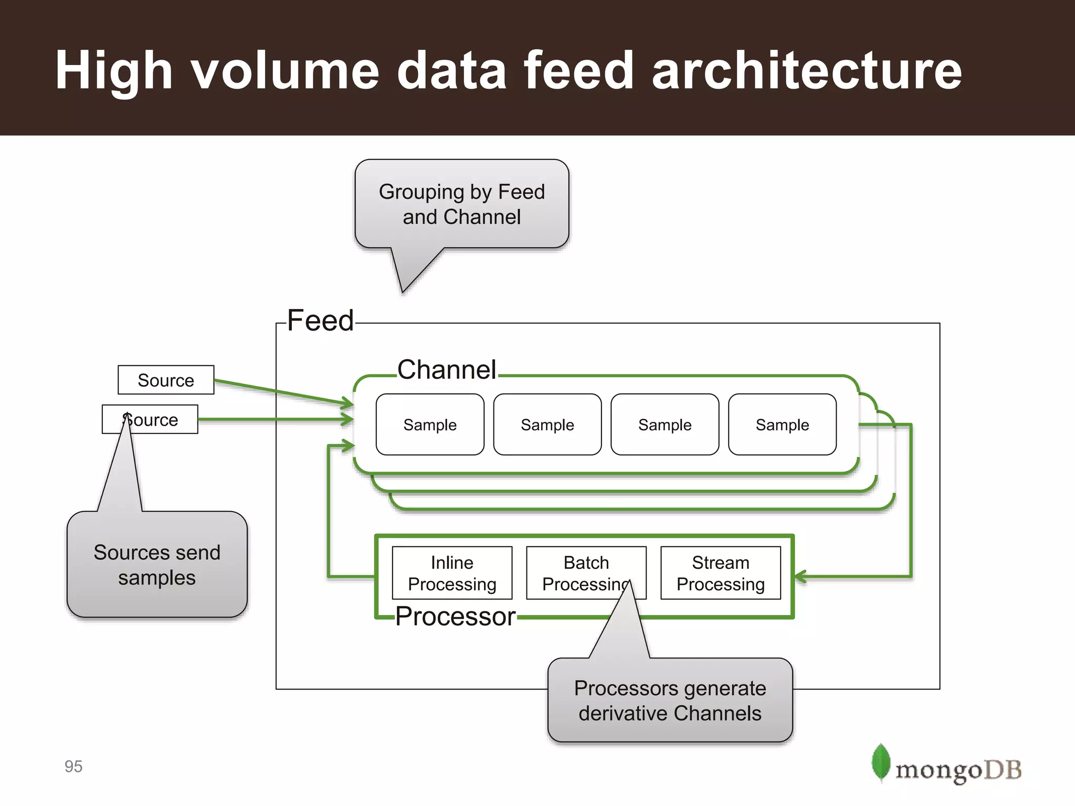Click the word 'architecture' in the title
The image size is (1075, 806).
pyautogui.click(x=807, y=70)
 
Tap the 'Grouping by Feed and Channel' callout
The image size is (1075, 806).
pyautogui.click(x=461, y=204)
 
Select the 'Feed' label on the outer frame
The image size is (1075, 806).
pyautogui.click(x=320, y=321)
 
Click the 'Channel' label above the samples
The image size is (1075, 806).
pyautogui.click(x=446, y=369)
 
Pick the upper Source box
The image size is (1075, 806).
pyautogui.click(x=166, y=380)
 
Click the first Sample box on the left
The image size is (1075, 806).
pyautogui.click(x=430, y=425)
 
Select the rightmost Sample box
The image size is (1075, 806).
pyautogui.click(x=782, y=425)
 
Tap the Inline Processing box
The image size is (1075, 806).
pyautogui.click(x=452, y=573)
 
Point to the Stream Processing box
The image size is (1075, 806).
pyautogui.click(x=720, y=573)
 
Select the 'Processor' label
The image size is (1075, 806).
pyautogui.click(x=455, y=616)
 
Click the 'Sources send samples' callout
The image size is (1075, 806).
pyautogui.click(x=157, y=565)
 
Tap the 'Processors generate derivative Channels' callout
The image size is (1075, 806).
pyautogui.click(x=670, y=700)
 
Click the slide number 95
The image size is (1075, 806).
pyautogui.click(x=73, y=766)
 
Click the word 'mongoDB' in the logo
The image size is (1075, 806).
pyautogui.click(x=958, y=770)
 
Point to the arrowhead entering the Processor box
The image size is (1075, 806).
pyautogui.click(x=800, y=577)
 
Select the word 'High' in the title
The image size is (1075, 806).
pyautogui.click(x=114, y=70)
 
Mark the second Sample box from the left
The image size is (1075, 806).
pyautogui.click(x=547, y=425)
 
